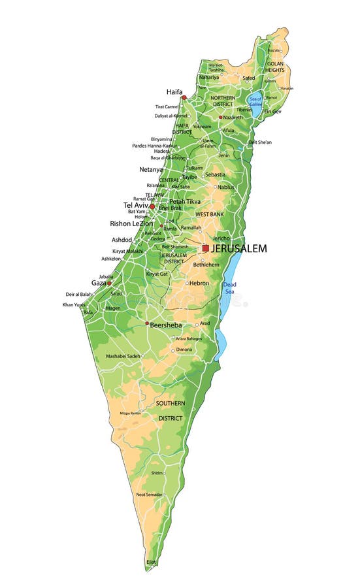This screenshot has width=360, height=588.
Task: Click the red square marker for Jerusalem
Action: (205, 248)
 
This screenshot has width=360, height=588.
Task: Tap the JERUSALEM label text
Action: (238, 249)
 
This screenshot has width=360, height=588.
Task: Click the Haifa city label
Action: (174, 91)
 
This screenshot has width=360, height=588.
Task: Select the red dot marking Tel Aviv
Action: (152, 206)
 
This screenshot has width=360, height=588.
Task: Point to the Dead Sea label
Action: (229, 288)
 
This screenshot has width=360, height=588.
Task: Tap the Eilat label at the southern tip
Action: (151, 562)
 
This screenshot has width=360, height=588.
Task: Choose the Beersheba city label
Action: (165, 325)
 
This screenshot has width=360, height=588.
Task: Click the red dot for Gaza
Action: (109, 284)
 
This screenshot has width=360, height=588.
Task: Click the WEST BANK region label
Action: (210, 214)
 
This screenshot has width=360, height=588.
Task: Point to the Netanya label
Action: (151, 169)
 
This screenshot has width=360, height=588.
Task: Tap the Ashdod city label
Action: (122, 240)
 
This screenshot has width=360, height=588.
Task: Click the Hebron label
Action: (199, 283)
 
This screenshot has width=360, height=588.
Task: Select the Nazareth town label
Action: (233, 118)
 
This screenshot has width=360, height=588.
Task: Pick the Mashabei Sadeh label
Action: (123, 356)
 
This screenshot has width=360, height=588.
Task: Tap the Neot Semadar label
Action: (150, 494)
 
